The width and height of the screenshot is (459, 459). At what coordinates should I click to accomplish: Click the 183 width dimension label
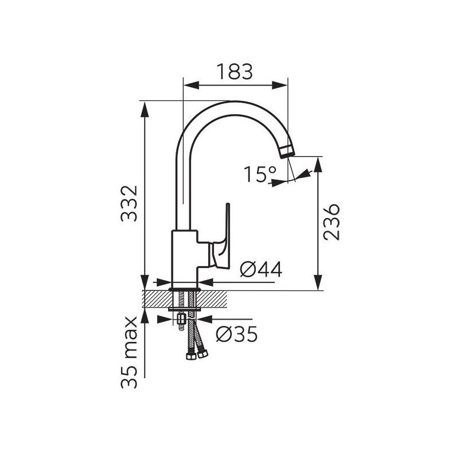click(x=235, y=72)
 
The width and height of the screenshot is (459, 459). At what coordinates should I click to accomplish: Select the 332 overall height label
click(x=129, y=204)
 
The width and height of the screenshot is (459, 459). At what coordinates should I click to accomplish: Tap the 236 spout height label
click(x=332, y=222)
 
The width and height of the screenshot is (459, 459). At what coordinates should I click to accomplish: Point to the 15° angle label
click(x=260, y=174)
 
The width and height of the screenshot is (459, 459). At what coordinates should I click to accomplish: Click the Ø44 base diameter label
click(x=261, y=269)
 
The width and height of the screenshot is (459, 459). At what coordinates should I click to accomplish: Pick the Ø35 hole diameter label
click(x=237, y=334)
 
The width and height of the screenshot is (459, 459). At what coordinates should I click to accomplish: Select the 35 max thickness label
click(x=129, y=352)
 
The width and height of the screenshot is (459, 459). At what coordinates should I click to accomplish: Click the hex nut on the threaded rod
click(x=181, y=319)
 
